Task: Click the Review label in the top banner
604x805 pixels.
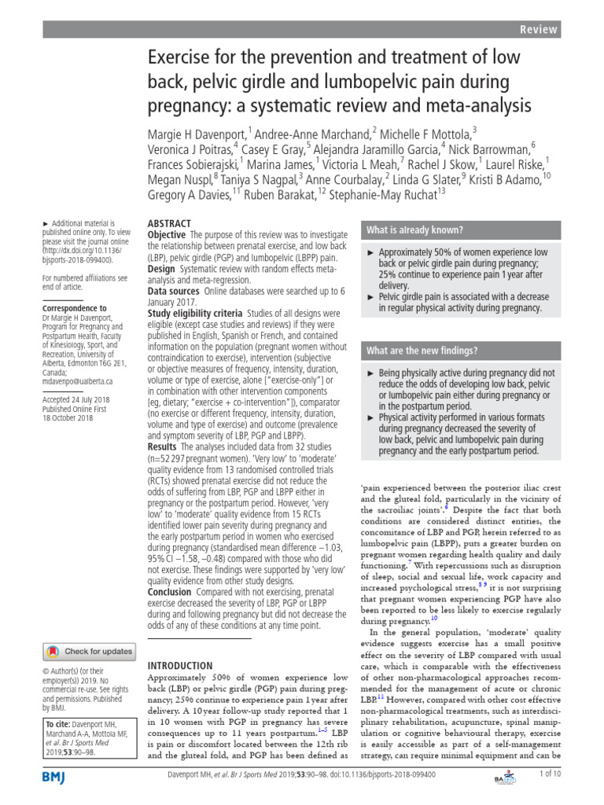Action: coord(539,29)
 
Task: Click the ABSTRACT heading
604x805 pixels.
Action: coord(171,224)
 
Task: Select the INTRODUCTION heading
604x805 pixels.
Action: coord(181,665)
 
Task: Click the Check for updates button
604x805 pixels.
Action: coord(89,651)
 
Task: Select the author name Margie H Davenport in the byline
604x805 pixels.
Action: coord(197,133)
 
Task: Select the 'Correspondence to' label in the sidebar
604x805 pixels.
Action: coord(74,308)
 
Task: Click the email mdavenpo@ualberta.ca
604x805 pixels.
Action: coord(77,380)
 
